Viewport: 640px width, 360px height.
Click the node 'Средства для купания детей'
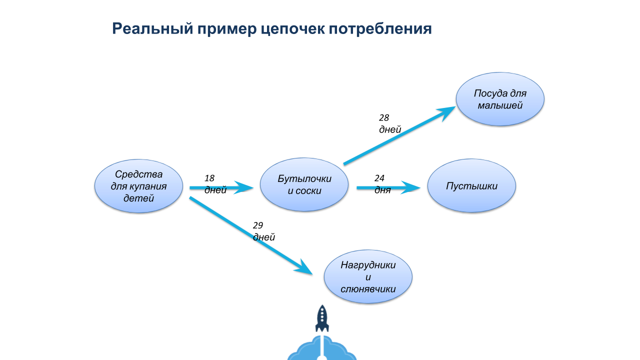click(138, 186)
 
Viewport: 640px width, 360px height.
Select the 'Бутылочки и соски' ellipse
click(304, 184)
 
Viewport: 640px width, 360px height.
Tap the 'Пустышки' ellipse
click(471, 186)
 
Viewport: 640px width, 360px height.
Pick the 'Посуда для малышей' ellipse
click(500, 99)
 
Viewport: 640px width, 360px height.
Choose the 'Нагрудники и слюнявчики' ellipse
click(368, 277)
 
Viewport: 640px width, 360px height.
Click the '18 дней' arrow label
click(215, 184)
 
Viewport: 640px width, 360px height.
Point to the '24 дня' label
click(382, 184)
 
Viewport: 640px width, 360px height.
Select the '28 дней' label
click(389, 123)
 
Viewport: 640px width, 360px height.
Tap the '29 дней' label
click(263, 231)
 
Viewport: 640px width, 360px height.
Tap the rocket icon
click(322, 318)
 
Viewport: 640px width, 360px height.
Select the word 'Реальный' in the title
click(149, 28)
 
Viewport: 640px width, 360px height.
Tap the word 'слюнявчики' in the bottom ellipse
click(368, 289)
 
